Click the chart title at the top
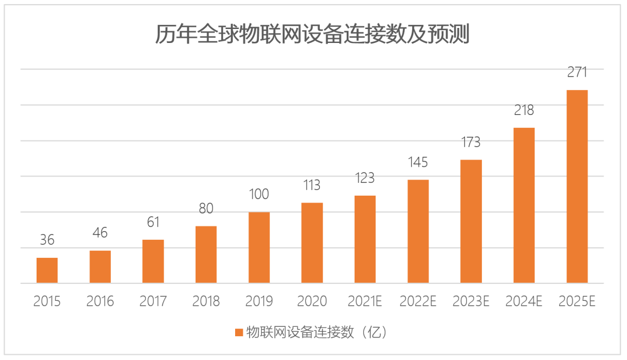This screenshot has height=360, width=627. click(312, 35)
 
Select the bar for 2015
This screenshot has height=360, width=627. click(47, 271)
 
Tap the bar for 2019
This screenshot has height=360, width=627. click(259, 248)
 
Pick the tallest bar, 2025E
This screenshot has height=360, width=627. click(577, 187)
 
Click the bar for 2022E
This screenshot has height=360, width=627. click(418, 232)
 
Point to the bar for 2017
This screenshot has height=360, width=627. click(153, 262)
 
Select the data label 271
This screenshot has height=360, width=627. click(577, 73)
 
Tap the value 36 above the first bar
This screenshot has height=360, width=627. click(47, 240)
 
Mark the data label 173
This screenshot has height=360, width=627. click(471, 142)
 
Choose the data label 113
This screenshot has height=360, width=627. click(312, 185)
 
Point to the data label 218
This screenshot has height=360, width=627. click(524, 110)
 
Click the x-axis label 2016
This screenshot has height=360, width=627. click(100, 301)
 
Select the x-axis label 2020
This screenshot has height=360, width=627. click(312, 301)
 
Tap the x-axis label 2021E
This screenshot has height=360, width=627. click(365, 301)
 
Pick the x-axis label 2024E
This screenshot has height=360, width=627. click(524, 301)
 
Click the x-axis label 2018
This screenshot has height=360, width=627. click(206, 301)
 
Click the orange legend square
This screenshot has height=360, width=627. click(239, 333)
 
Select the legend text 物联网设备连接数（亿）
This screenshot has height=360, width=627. click(316, 333)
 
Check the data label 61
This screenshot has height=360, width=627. click(153, 222)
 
